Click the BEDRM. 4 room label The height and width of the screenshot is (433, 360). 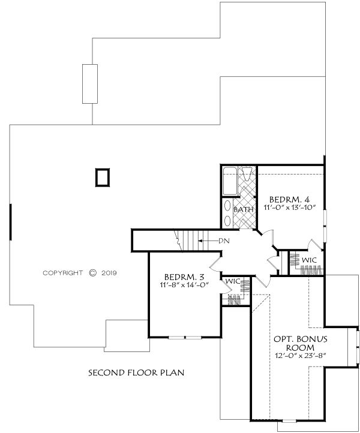click(289, 199)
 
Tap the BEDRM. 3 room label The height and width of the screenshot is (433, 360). click(184, 276)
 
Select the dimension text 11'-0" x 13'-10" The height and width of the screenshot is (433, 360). click(290, 208)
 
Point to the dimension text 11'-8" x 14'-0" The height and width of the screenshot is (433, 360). click(184, 285)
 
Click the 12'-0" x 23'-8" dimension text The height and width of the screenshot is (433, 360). click(301, 356)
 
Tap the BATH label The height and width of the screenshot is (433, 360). click(244, 209)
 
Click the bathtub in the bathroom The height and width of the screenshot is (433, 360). click(230, 181)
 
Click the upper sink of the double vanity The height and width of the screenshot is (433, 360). click(227, 206)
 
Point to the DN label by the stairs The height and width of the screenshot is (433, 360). click(224, 241)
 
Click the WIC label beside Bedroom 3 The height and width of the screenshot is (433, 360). click(233, 281)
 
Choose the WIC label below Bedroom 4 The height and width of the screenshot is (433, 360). click(309, 260)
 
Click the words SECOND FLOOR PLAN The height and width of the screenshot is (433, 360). click(136, 373)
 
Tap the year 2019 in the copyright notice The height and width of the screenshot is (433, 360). click(109, 273)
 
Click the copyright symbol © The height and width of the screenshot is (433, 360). click(93, 273)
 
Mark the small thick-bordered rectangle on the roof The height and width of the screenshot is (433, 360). click(103, 178)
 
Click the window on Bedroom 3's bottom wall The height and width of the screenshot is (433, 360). click(185, 337)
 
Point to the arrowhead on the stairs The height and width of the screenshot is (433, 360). click(199, 241)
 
